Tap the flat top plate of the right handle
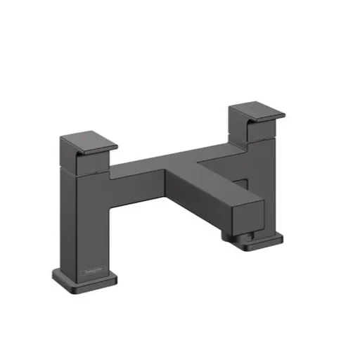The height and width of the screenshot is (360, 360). tap(257, 110)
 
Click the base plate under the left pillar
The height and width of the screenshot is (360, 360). tap(84, 281)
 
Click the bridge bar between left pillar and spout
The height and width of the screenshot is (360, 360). tap(148, 176)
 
